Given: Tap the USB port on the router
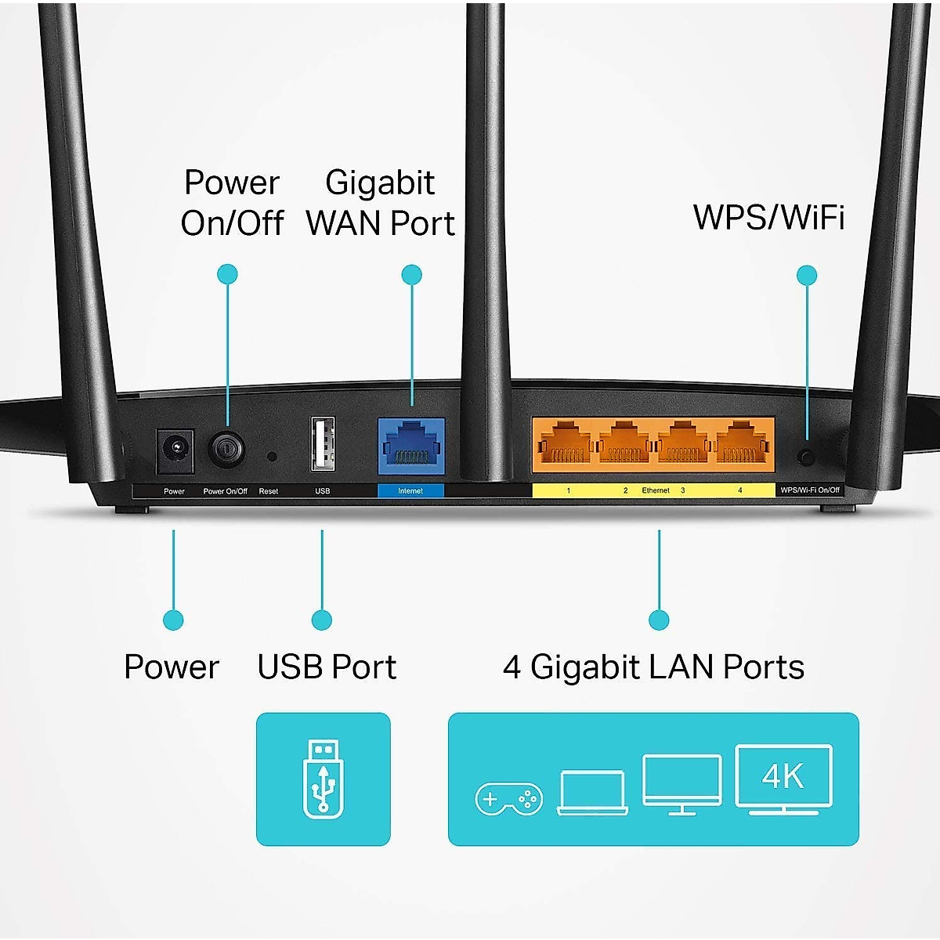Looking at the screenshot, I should tap(323, 444).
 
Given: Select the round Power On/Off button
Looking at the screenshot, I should tap(226, 450).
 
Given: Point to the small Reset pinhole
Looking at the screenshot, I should tap(271, 455).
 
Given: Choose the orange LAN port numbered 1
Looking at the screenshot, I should tap(562, 445).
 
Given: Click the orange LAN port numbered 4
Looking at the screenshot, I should tap(741, 445).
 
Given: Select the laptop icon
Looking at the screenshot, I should tap(592, 793).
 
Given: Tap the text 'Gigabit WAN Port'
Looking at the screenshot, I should tap(380, 203).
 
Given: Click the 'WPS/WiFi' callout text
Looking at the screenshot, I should tap(768, 217).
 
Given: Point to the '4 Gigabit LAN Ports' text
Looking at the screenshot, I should tap(653, 667).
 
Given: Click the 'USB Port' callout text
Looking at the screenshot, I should tap(327, 667).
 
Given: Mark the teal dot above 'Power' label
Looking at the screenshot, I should tap(173, 620).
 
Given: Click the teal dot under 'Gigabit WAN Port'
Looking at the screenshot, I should tap(411, 275).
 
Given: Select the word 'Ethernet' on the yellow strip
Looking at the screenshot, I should tap(656, 490).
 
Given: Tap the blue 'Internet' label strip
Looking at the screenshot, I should tap(410, 491).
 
